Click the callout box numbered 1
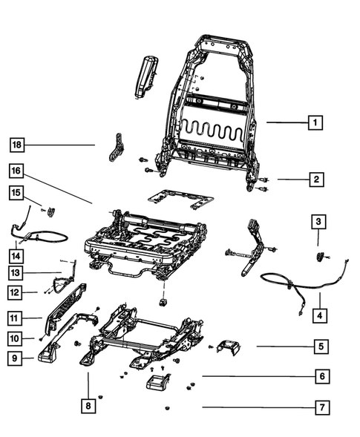tap(315, 122)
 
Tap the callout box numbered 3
tap(317, 221)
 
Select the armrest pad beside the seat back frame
tap(145, 77)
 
